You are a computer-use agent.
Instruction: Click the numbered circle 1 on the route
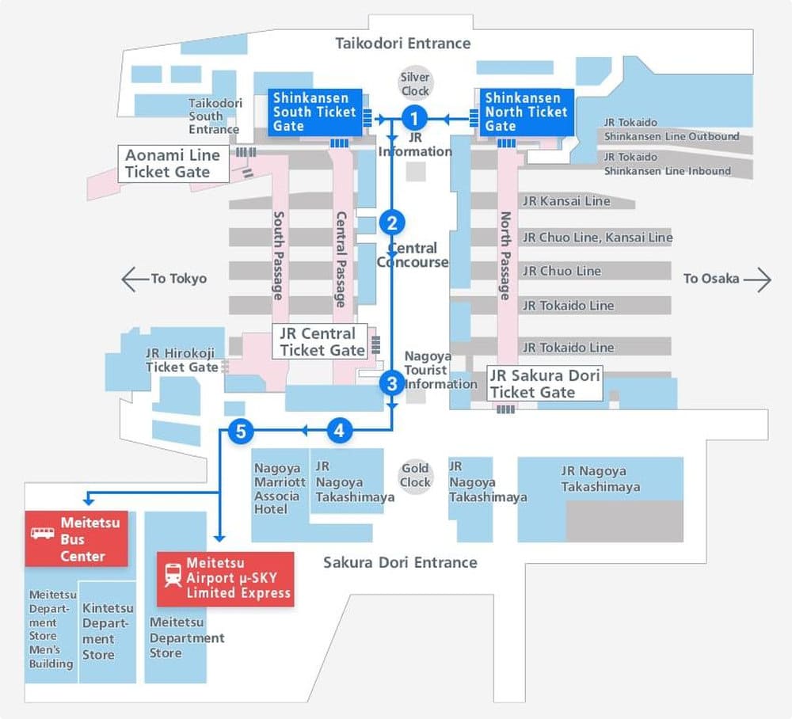pyautogui.click(x=414, y=119)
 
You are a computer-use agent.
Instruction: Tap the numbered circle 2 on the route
pyautogui.click(x=392, y=223)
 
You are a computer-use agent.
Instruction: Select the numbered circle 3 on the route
pyautogui.click(x=392, y=384)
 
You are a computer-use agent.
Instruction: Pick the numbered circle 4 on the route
pyautogui.click(x=339, y=431)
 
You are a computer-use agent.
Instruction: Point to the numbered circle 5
pyautogui.click(x=241, y=431)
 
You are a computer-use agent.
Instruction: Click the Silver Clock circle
pyautogui.click(x=415, y=83)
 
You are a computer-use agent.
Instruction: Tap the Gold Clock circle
pyautogui.click(x=415, y=475)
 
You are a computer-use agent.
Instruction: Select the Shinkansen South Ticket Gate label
pyautogui.click(x=314, y=112)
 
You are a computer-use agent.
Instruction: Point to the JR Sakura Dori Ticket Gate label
pyautogui.click(x=545, y=383)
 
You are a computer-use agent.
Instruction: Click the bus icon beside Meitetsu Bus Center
pyautogui.click(x=43, y=532)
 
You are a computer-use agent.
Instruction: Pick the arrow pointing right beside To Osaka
pyautogui.click(x=758, y=279)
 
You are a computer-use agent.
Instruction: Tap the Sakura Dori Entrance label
pyautogui.click(x=400, y=563)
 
